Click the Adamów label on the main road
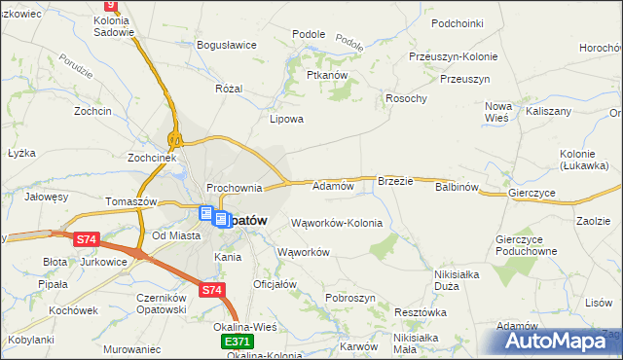pyautogui.click(x=332, y=185)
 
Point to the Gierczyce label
pyautogui.click(x=531, y=194)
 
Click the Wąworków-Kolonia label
pyautogui.click(x=337, y=223)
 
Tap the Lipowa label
pyautogui.click(x=286, y=120)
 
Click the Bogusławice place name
pyautogui.click(x=226, y=45)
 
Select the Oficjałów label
pyautogui.click(x=275, y=284)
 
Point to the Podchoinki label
pyautogui.click(x=458, y=22)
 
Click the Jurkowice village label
pyautogui.click(x=104, y=263)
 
